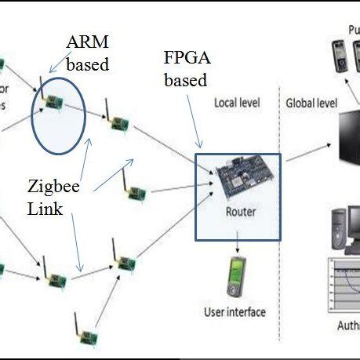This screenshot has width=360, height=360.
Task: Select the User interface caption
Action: click(x=235, y=312)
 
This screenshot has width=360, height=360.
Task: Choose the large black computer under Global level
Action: click(x=349, y=142)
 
